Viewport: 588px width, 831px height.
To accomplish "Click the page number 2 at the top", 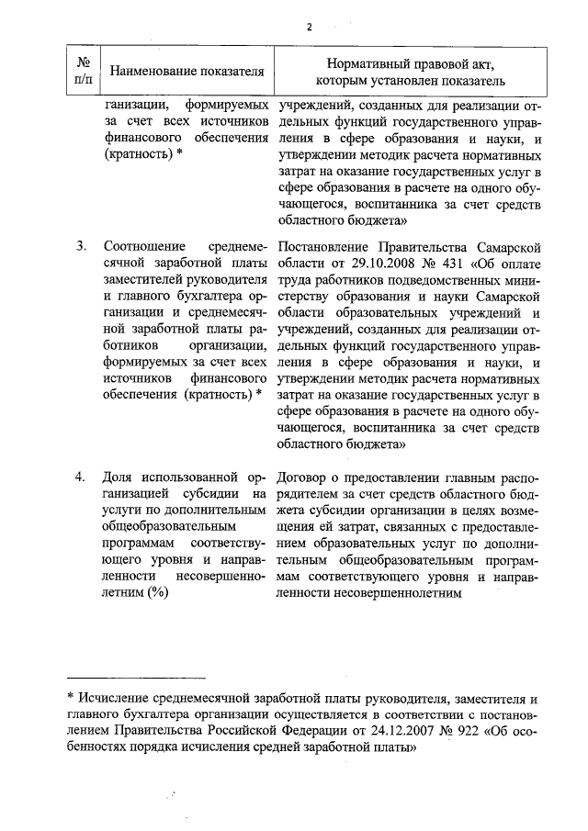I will click(310, 27).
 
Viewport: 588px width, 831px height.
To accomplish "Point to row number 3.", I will click(81, 246).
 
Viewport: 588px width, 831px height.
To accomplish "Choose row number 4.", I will click(81, 477).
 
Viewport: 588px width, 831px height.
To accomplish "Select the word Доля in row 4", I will click(119, 477).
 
